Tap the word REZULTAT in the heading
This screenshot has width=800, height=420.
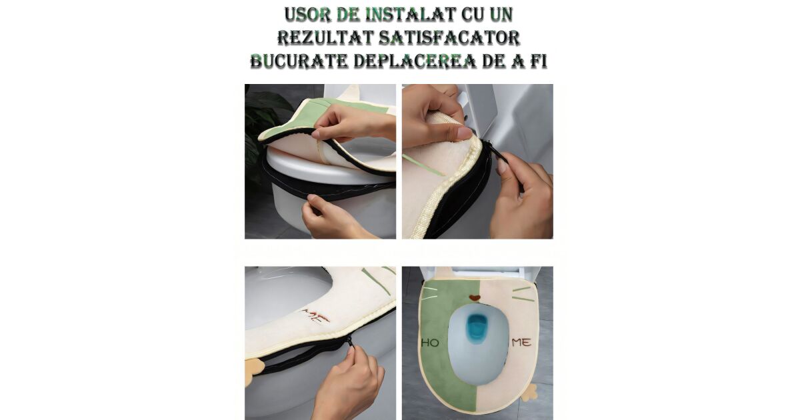click(x=326, y=38)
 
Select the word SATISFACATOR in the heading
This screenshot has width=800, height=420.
click(x=449, y=38)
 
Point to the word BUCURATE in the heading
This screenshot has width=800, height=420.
click(x=299, y=61)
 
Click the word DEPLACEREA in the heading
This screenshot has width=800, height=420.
click(x=415, y=61)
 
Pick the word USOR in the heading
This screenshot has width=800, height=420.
click(x=307, y=14)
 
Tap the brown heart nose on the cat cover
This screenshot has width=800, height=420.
click(x=474, y=297)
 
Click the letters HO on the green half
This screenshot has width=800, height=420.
click(x=431, y=343)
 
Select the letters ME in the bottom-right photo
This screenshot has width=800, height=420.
click(x=522, y=343)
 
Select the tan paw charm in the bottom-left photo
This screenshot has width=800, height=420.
click(x=254, y=372)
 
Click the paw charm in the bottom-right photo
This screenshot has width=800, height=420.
click(x=529, y=393)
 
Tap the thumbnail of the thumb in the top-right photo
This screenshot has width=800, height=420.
click(x=465, y=133)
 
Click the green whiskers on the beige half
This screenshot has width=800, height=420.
click(x=523, y=293)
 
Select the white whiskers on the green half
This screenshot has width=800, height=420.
click(x=429, y=293)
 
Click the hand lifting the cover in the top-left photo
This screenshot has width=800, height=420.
click(x=353, y=123)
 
